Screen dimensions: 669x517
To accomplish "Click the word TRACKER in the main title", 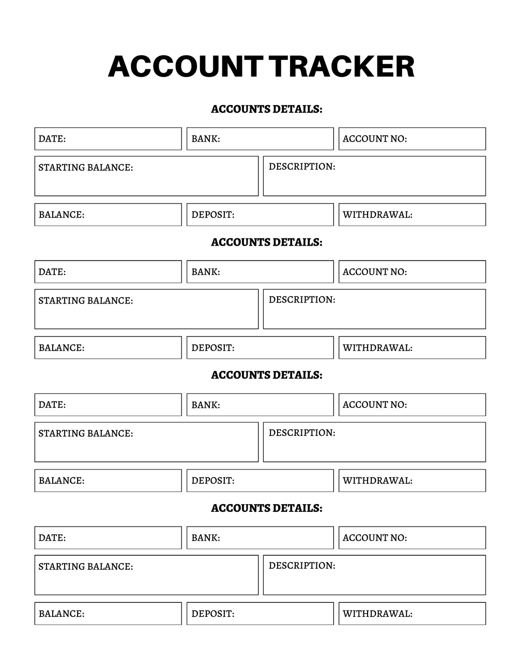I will click(342, 67).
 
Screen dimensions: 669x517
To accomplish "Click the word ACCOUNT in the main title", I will click(185, 67).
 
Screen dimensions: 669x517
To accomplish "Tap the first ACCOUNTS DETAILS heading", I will click(266, 109).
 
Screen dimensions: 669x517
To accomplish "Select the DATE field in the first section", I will click(108, 139).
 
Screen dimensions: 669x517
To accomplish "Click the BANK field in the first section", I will click(260, 139).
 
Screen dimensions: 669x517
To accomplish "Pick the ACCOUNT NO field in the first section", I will click(412, 139).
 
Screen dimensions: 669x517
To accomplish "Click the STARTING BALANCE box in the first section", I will click(146, 176).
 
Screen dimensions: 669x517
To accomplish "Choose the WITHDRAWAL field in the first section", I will click(412, 215).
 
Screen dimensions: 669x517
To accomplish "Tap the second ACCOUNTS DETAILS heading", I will click(266, 242).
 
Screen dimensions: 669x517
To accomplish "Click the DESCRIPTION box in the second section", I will click(374, 309).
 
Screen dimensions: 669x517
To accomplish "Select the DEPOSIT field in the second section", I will click(260, 347).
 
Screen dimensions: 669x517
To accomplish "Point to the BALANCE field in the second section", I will click(108, 347).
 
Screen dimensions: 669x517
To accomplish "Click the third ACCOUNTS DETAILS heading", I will click(266, 375).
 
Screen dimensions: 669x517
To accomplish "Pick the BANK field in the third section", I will click(260, 404).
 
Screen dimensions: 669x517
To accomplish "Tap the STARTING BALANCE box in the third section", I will click(146, 442).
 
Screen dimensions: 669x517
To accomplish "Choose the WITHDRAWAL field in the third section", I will click(412, 480).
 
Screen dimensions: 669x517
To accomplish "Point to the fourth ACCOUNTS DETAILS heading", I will click(266, 508).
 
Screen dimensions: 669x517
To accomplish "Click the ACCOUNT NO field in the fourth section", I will click(412, 538).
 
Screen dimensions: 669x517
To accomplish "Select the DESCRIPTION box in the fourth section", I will click(374, 575).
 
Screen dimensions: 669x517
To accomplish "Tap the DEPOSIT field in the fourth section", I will click(260, 613).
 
